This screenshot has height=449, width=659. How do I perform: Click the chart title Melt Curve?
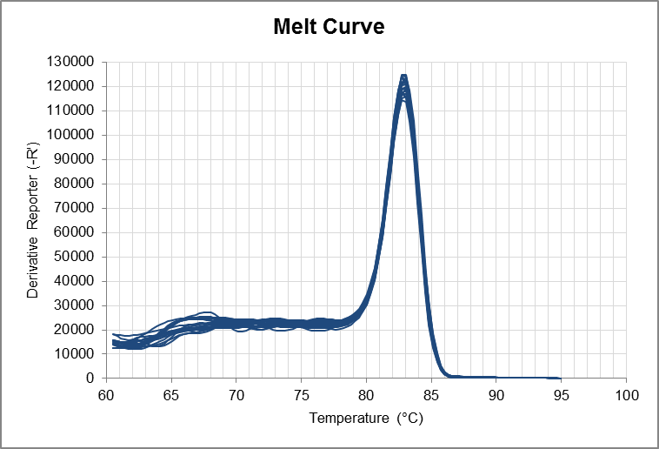[x=329, y=27]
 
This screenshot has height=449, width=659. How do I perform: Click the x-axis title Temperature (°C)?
[x=365, y=419]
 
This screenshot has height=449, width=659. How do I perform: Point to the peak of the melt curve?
[x=403, y=76]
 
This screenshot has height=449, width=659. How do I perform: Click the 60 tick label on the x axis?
[x=106, y=394]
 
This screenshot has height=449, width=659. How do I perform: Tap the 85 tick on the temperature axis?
[x=431, y=394]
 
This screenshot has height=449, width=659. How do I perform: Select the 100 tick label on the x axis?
[x=626, y=394]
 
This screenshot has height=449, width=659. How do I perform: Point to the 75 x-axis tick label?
[x=301, y=394]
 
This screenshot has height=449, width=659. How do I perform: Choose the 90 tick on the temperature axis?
[x=496, y=394]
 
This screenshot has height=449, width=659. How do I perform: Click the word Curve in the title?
[x=355, y=27]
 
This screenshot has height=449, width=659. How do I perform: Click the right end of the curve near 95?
[x=559, y=378]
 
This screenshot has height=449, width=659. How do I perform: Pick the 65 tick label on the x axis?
[x=171, y=394]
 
